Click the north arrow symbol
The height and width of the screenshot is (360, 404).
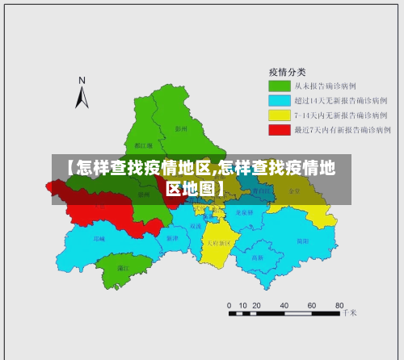click(x=82, y=97)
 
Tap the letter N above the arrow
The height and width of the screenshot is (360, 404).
click(x=82, y=80)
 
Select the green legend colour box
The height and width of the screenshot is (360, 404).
click(x=280, y=85)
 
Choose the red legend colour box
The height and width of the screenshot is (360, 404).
click(x=280, y=129)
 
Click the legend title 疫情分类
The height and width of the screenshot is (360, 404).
click(x=287, y=70)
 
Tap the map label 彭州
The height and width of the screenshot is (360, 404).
click(x=181, y=128)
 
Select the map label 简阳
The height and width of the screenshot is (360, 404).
click(x=302, y=241)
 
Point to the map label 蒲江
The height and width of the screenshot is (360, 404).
click(x=123, y=267)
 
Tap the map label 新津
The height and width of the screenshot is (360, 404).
click(x=172, y=238)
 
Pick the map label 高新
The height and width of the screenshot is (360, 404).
click(x=257, y=257)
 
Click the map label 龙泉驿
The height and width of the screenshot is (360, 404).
click(x=244, y=212)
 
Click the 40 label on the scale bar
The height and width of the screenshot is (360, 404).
click(x=284, y=305)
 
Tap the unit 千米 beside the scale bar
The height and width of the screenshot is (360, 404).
click(x=349, y=312)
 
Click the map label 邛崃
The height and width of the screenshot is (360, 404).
click(x=99, y=239)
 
